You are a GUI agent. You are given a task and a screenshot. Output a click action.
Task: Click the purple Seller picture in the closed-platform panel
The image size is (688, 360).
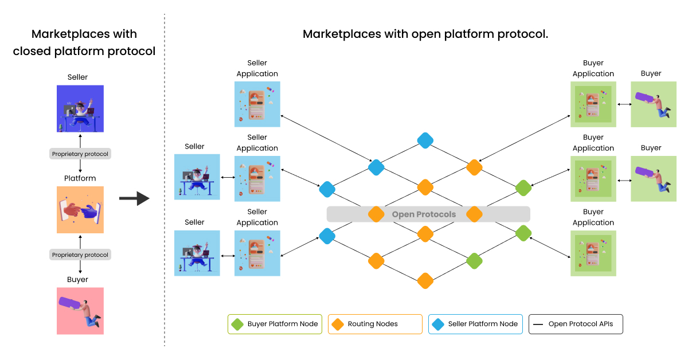(x=80, y=109)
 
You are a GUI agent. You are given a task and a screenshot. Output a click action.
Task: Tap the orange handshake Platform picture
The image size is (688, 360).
(x=80, y=210)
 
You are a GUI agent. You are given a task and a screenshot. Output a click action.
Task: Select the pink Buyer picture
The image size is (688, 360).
(x=80, y=311)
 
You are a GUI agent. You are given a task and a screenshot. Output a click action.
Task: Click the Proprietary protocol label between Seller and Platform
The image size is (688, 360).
(x=80, y=154)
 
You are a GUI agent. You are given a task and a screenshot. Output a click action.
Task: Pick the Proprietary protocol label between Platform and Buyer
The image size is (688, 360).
(x=80, y=255)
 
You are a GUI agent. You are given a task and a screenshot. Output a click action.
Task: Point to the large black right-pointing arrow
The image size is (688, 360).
(x=134, y=199)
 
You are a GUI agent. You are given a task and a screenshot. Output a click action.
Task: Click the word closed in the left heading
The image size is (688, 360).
(x=32, y=51)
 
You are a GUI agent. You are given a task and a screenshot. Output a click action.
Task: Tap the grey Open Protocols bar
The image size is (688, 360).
(x=424, y=214)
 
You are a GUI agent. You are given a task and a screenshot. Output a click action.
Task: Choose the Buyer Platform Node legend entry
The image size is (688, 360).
(x=274, y=324)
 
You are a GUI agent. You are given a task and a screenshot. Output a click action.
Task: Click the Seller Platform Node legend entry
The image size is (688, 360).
(x=475, y=324)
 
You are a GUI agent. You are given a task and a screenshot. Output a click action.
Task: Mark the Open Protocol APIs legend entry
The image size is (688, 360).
(x=576, y=324)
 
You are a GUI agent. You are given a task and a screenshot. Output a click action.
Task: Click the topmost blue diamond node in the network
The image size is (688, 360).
(x=425, y=140)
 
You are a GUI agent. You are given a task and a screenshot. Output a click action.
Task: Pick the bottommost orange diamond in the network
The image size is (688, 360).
(x=425, y=280)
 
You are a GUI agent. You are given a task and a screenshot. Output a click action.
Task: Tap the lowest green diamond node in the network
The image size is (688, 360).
(x=474, y=261)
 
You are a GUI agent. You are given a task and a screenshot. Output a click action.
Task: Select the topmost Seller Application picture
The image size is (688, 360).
(x=257, y=104)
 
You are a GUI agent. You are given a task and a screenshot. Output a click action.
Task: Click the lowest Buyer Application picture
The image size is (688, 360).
(x=593, y=253)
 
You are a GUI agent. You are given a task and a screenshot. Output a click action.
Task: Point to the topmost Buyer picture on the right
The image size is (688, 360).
(x=654, y=104)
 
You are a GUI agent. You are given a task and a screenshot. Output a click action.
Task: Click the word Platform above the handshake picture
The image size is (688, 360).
(x=80, y=178)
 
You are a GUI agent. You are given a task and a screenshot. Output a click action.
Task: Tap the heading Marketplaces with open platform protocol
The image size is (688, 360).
(x=425, y=34)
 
